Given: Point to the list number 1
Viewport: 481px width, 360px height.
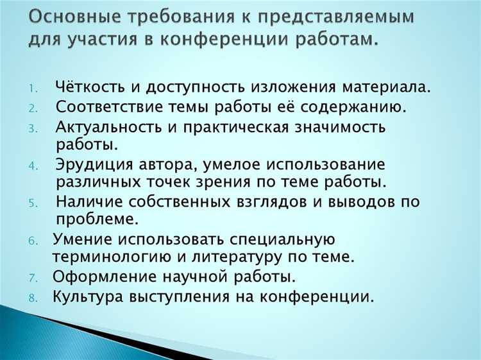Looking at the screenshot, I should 33,88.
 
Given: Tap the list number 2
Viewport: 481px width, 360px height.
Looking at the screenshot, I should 33,107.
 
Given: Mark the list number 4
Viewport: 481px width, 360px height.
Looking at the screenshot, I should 33,165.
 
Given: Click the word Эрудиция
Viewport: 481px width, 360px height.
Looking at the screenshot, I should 92,164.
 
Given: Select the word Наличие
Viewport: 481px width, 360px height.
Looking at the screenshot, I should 88,201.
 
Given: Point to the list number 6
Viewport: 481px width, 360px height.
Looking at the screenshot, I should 33,241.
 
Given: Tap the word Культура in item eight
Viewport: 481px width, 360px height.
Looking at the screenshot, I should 89,296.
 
